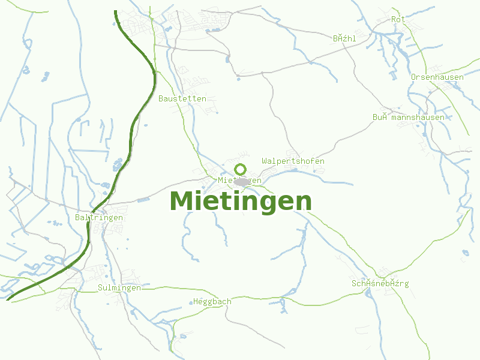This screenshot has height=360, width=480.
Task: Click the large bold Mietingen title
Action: (241, 202)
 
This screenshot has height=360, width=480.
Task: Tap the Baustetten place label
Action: (182, 98)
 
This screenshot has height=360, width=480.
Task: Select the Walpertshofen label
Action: (293, 161)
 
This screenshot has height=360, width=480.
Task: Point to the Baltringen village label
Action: (100, 217)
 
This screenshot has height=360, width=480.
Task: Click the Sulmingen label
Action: (119, 288)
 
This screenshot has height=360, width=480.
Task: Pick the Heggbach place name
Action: (212, 302)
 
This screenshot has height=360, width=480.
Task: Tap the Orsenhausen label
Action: (437, 77)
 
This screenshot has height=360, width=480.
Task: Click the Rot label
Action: (398, 20)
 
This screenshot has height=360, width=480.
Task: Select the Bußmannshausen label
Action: (408, 118)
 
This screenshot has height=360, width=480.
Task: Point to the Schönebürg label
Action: (380, 283)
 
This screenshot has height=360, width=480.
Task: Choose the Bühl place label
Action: (344, 38)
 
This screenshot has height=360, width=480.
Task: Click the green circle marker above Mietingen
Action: (241, 169)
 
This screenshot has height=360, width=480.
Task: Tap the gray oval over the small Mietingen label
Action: (242, 181)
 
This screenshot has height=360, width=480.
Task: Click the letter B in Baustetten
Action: (161, 98)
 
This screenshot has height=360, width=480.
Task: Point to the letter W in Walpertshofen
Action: (265, 161)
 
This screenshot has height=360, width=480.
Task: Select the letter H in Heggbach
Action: (196, 302)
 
